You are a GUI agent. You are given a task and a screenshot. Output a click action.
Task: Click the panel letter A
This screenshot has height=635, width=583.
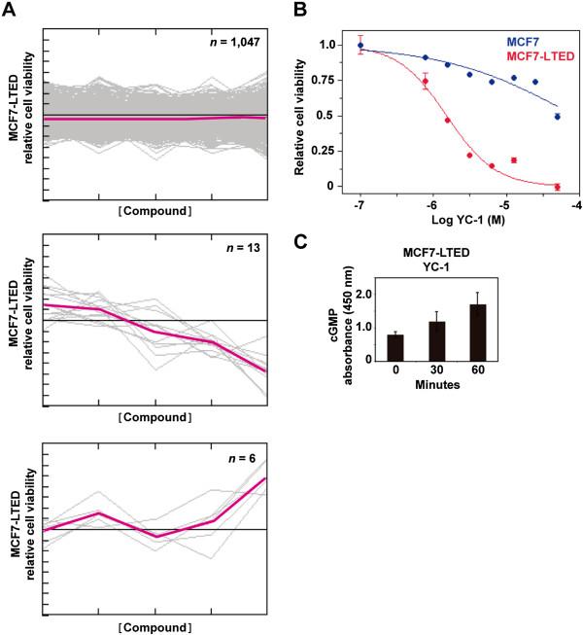[9, 9]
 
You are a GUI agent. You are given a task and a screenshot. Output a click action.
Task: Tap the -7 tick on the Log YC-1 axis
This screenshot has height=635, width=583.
[360, 205]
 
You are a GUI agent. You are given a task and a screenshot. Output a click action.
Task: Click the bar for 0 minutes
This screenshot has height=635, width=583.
[396, 347]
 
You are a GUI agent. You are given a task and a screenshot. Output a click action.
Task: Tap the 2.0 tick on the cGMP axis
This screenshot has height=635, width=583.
[365, 294]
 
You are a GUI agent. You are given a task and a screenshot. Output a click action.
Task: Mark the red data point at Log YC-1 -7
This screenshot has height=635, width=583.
[360, 46]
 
